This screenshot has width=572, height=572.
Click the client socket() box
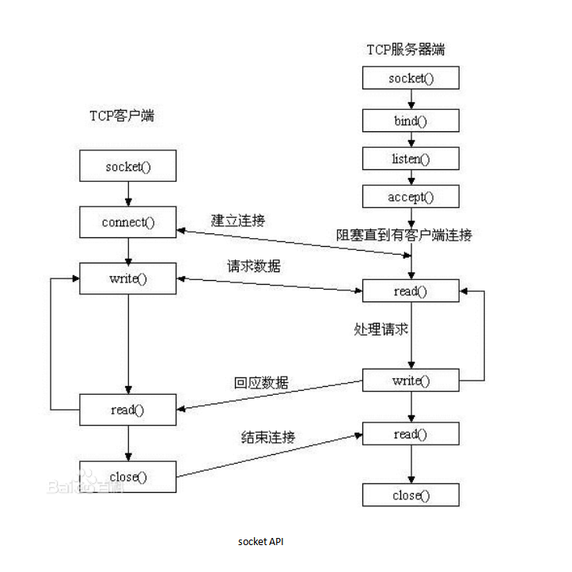coord(127,166)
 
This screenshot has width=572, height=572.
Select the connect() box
coord(127,222)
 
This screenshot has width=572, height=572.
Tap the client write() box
coord(127,279)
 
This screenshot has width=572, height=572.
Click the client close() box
coord(127,476)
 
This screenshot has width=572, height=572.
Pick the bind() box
coord(411,120)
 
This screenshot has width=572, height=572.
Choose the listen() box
coord(411,158)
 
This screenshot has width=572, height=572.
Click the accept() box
coord(411,196)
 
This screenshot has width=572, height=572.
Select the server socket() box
coord(411,78)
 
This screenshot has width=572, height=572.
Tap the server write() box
coord(411,381)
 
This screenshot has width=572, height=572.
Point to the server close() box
coord(411,496)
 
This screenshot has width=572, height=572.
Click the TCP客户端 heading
coord(121,116)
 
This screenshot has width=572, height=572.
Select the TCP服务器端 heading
coord(405,50)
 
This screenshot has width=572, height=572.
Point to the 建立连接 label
coord(237,220)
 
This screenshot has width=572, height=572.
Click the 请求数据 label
coord(253,267)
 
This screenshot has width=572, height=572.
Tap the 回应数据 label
coord(261,383)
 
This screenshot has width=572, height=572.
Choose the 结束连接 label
coord(268,437)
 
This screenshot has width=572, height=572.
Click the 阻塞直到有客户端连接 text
coord(403,235)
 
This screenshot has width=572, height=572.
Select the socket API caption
coord(260,542)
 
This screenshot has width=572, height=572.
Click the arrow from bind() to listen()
coord(411,139)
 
